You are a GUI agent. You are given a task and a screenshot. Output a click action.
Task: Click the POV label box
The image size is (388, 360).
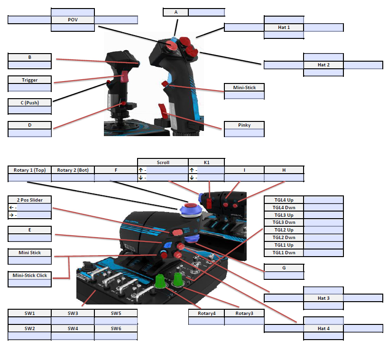click(73, 20)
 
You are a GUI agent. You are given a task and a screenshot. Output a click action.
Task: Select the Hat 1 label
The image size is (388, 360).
click(284, 28)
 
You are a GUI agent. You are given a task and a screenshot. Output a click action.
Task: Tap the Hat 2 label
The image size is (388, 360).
click(323, 65)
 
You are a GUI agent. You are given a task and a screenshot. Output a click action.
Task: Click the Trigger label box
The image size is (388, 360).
click(29, 80)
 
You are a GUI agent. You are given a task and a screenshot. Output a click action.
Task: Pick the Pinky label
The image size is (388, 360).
click(244, 125)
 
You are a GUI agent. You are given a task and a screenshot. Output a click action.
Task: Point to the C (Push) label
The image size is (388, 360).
click(29, 102)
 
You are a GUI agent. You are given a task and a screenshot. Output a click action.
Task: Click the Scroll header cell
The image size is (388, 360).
click(163, 162)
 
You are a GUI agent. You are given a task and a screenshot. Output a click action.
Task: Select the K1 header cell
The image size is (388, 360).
click(206, 162)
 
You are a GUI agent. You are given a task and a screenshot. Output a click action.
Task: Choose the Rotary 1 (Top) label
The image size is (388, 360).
click(29, 170)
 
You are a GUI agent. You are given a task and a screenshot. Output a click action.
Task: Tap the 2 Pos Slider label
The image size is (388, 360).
click(29, 200)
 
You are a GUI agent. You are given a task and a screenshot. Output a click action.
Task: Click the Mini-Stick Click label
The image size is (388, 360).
click(29, 275)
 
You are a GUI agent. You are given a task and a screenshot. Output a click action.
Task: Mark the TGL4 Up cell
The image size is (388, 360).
click(284, 200)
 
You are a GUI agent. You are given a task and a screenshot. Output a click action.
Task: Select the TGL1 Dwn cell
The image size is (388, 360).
click(284, 253)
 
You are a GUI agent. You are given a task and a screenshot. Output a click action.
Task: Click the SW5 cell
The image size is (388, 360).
click(116, 314)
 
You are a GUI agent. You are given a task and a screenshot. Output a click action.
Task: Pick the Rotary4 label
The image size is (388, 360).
click(206, 314)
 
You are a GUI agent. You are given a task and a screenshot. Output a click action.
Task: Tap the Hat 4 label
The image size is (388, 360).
click(323, 328)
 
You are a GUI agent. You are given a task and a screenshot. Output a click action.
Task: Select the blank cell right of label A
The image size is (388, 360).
click(206, 12)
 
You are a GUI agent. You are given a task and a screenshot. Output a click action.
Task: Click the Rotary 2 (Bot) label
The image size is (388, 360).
click(73, 170)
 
